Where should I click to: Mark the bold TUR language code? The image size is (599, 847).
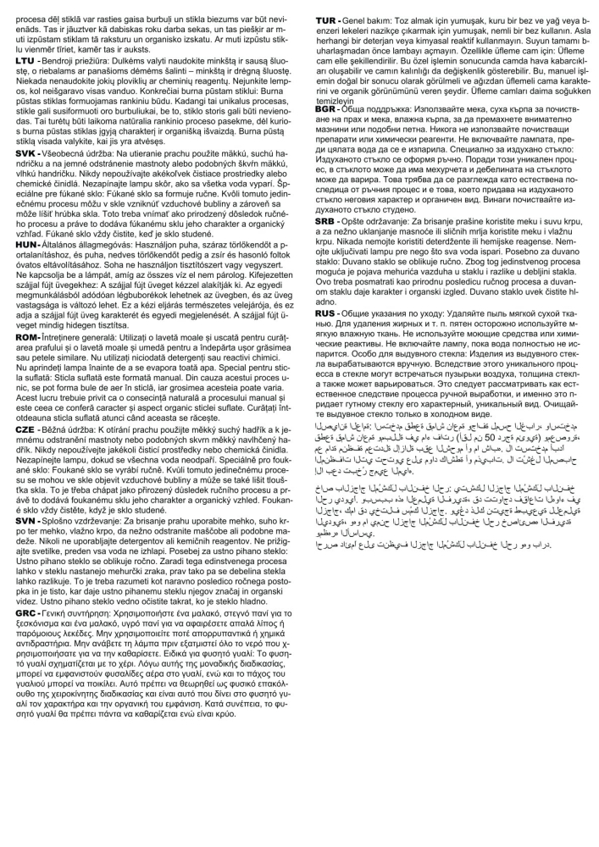(327, 19)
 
